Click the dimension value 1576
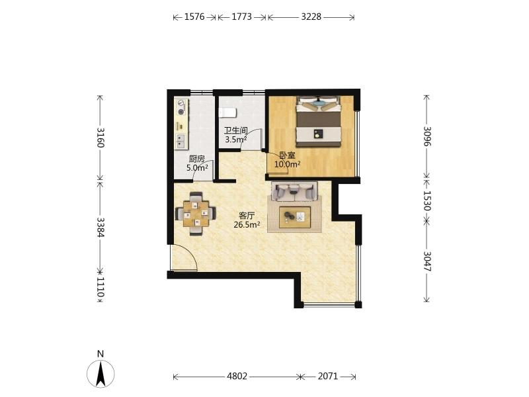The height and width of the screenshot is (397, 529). [x=194, y=17]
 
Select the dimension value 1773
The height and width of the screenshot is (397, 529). [x=241, y=17]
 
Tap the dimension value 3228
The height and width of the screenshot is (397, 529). [x=311, y=17]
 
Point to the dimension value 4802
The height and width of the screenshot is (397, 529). [x=237, y=376]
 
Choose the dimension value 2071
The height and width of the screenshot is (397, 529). [x=327, y=376]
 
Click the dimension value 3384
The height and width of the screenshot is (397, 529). [x=101, y=227]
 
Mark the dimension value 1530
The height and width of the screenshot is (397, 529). [x=427, y=200]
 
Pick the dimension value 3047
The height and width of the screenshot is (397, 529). [x=427, y=261]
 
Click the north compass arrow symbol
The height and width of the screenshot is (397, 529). [x=101, y=374]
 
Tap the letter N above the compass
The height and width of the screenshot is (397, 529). [x=101, y=354]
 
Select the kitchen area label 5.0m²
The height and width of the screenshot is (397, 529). [x=197, y=167]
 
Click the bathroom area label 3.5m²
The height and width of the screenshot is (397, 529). [x=236, y=139]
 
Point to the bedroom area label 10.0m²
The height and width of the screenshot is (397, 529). [x=288, y=164]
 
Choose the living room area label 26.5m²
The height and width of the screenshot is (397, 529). [x=247, y=224]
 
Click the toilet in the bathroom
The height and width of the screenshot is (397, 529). [x=227, y=112]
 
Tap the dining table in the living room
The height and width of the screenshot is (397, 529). [x=196, y=214]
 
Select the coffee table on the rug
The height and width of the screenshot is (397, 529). [x=294, y=217]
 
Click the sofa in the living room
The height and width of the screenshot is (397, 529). [x=294, y=191]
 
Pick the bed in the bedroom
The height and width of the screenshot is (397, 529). [x=319, y=122]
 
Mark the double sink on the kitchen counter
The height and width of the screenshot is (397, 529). [x=181, y=141]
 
